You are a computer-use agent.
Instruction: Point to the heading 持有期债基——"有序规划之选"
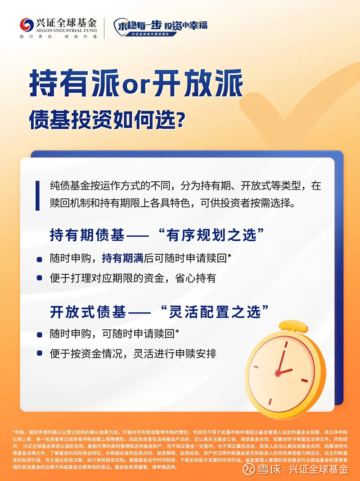tap(156, 235)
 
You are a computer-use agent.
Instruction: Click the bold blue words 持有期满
tap(122, 258)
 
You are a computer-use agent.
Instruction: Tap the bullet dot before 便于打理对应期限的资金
tap(40, 278)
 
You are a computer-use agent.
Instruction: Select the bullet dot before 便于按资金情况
tap(40, 354)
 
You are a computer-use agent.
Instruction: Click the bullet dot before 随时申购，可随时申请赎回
tap(40, 334)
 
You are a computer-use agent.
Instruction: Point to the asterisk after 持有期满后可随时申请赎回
tap(229, 257)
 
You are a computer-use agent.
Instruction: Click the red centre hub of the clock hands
tap(278, 373)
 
